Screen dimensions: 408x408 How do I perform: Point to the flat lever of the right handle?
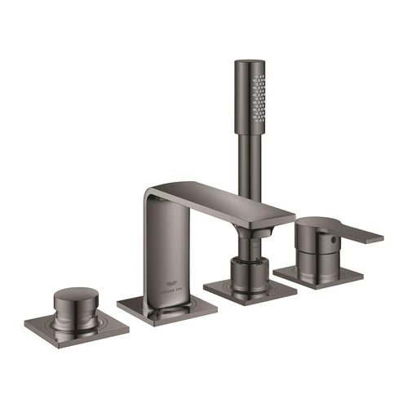click(x=359, y=235)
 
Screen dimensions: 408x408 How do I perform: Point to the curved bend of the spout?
click(x=157, y=193)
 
